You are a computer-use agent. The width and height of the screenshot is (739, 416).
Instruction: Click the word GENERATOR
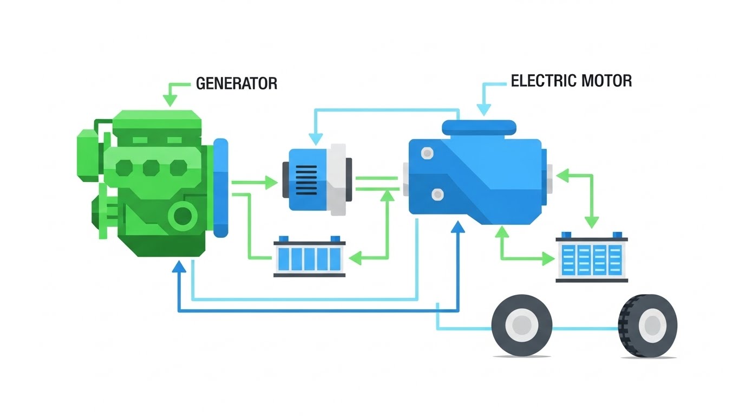tap(236, 83)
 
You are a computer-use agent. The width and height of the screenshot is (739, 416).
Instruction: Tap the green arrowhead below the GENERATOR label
tap(170, 101)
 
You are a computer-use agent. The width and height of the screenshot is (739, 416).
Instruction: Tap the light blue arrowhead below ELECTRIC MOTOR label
tap(482, 110)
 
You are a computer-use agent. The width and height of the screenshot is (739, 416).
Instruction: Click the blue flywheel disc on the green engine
tap(221, 187)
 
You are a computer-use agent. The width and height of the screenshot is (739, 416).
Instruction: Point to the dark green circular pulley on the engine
tap(182, 216)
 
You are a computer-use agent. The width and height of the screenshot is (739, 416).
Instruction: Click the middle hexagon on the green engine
tap(151, 168)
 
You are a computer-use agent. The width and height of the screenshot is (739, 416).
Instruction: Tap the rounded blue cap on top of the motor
tap(479, 127)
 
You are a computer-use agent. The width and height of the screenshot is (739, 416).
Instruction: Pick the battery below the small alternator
tap(309, 257)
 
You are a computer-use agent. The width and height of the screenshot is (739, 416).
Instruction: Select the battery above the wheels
tap(592, 258)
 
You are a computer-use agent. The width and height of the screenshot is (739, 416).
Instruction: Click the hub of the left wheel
tap(521, 326)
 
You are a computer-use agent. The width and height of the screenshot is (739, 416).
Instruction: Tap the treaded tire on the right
tap(648, 326)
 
